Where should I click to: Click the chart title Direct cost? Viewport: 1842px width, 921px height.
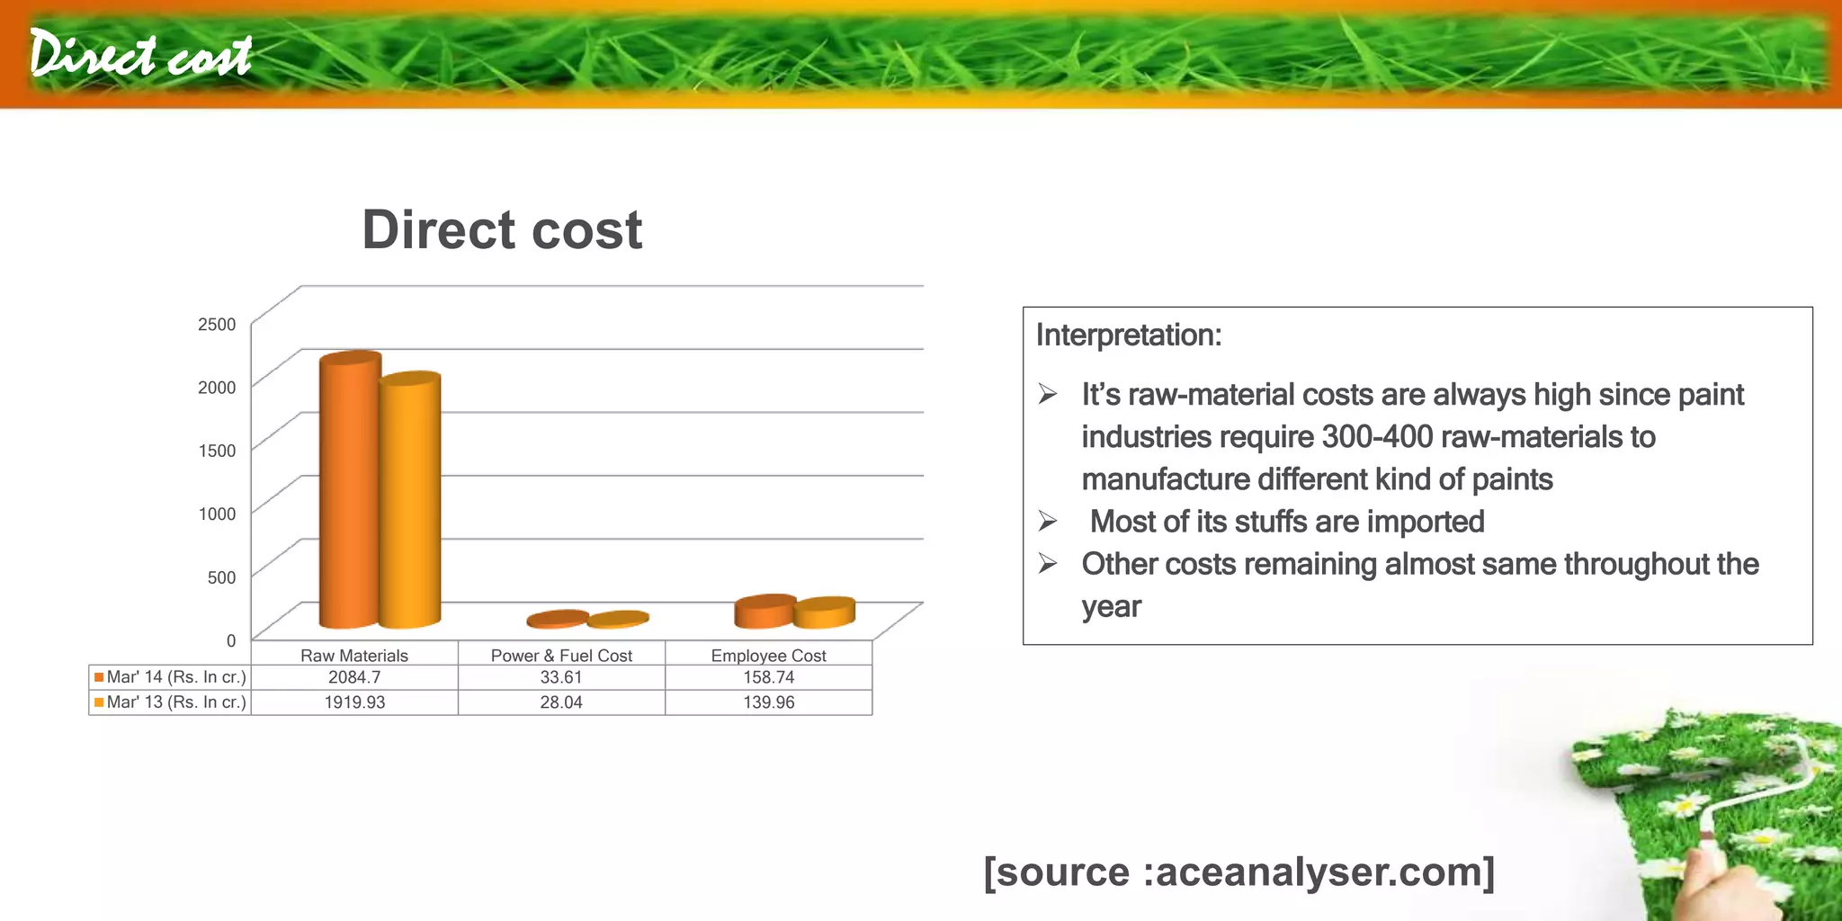point(502,230)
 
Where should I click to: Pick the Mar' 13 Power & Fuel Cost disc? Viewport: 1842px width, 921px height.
point(618,619)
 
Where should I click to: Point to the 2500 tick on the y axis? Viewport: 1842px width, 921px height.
point(217,325)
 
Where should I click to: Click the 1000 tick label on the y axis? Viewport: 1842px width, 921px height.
point(217,514)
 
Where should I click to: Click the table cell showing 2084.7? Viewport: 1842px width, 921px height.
point(354,677)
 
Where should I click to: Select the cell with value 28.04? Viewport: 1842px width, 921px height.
point(561,702)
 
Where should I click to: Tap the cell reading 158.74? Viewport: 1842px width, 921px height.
point(768,677)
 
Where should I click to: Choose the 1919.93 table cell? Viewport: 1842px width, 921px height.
point(354,702)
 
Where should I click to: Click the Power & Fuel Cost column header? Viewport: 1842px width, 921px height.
point(561,656)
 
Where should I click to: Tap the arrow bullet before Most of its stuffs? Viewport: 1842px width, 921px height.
point(1048,521)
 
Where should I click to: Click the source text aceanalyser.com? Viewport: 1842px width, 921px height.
point(1319,872)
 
